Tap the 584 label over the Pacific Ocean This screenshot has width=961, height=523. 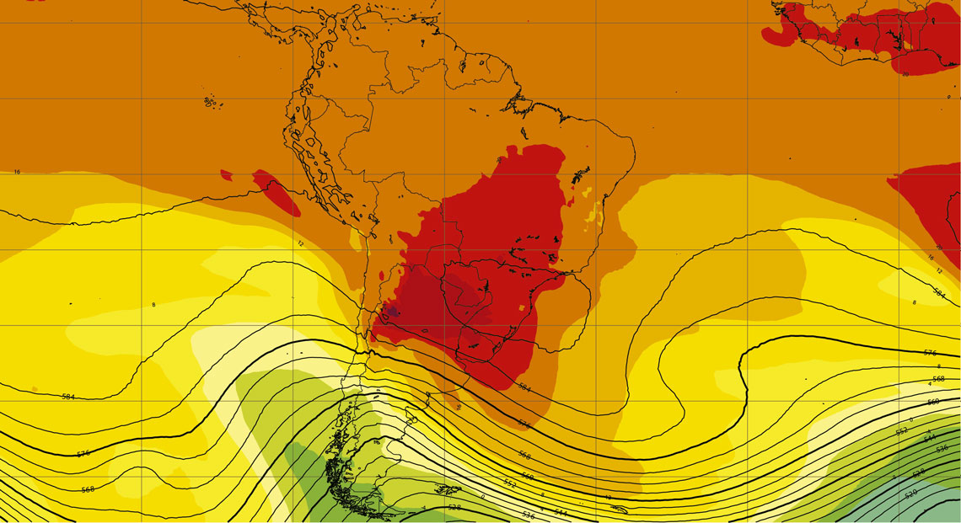coord(67,396)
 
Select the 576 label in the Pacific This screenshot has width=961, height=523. coord(83,454)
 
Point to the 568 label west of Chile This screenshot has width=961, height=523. coord(88,489)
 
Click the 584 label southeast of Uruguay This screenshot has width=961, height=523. coord(524,388)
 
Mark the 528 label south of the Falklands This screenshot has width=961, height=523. coord(454,508)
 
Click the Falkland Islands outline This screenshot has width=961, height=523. coord(447,489)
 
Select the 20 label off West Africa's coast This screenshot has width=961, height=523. coord(905,74)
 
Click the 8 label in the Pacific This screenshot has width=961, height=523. coord(153,304)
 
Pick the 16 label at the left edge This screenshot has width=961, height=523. coord(17,172)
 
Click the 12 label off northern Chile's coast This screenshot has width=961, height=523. coord(299,243)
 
